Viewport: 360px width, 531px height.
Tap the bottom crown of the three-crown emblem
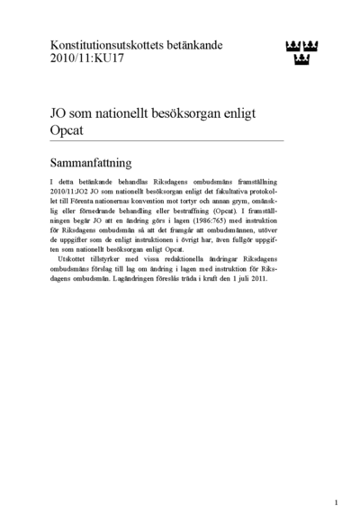301,59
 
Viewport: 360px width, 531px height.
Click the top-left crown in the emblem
292,46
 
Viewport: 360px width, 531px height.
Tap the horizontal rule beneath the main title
167,140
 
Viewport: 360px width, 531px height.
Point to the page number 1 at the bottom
336,502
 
